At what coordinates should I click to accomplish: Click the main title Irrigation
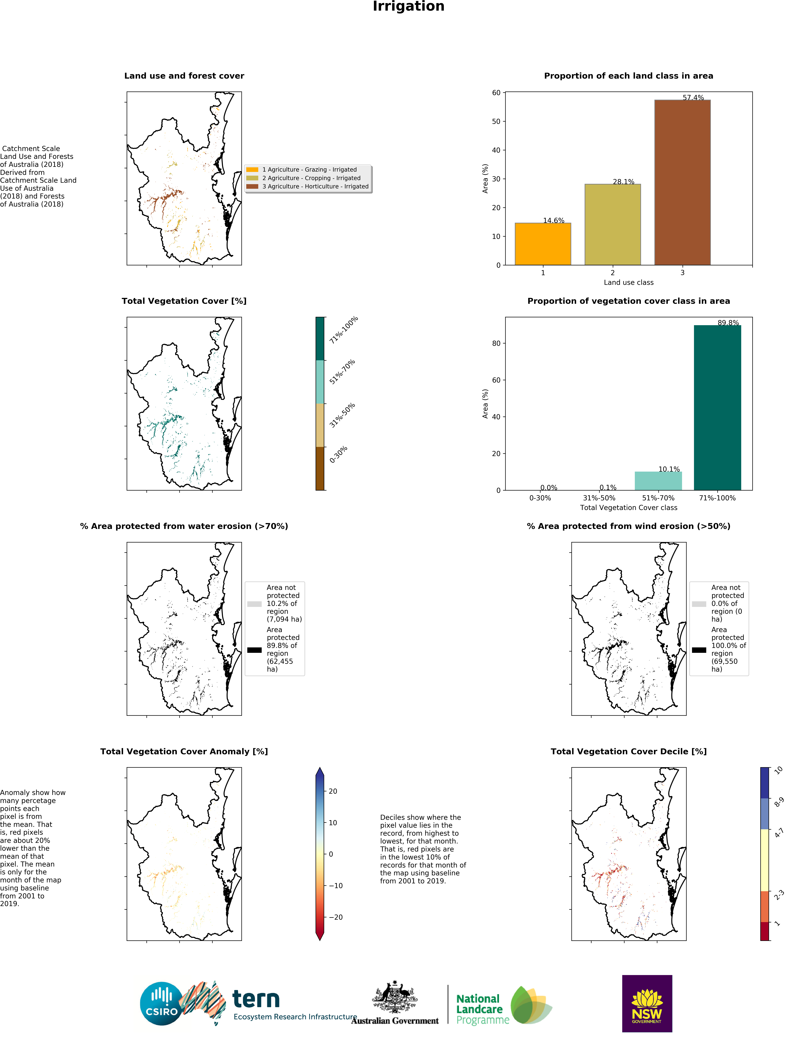click(x=408, y=7)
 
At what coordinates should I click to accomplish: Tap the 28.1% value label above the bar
click(x=623, y=182)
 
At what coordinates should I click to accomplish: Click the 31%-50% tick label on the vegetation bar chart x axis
click(x=599, y=498)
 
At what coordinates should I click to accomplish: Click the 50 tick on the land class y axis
click(x=496, y=121)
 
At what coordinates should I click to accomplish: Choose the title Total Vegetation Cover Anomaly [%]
click(x=184, y=751)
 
